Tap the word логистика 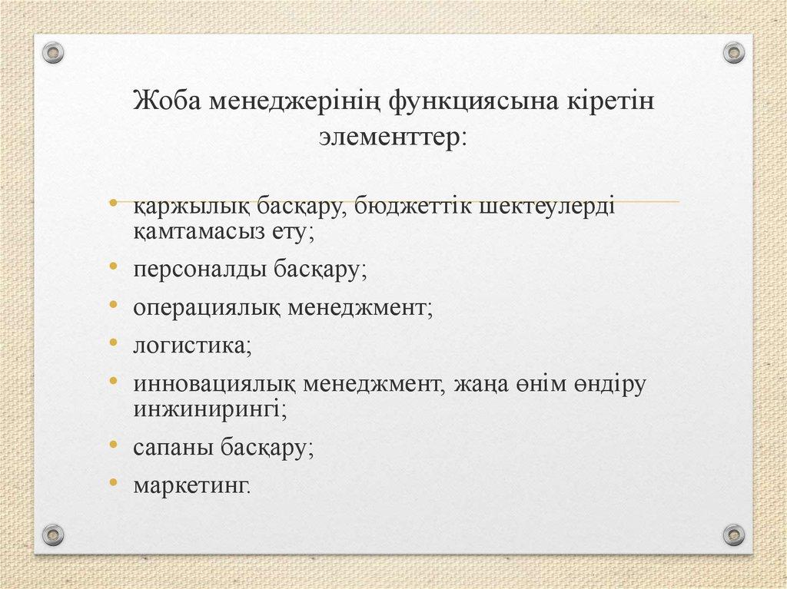[x=189, y=346]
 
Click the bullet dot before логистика [x=114, y=341]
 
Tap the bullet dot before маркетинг [x=114, y=481]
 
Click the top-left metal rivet [x=53, y=52]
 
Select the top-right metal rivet [x=734, y=52]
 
